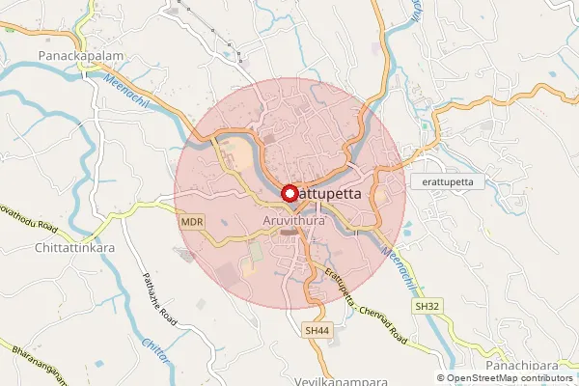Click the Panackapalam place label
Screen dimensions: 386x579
(x=81, y=57)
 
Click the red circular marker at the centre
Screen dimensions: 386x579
(x=289, y=194)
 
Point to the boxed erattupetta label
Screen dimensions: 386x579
(x=446, y=181)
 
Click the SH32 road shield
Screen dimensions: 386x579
(x=427, y=305)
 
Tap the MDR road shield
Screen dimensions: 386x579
(x=191, y=222)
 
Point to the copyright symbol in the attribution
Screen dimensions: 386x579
(x=442, y=378)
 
